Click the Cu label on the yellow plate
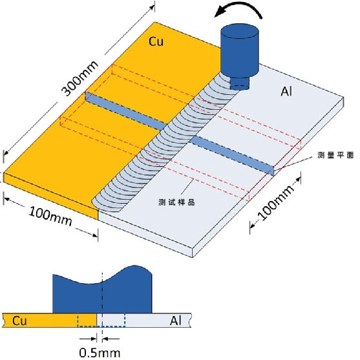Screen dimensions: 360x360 click(156, 41)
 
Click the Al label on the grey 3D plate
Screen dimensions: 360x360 click(286, 92)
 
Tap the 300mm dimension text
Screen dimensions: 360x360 click(80, 78)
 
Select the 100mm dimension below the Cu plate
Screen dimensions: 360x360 click(50, 216)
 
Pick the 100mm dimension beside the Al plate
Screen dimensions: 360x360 click(276, 202)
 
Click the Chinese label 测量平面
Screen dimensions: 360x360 click(335, 155)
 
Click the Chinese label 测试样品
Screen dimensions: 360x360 click(176, 202)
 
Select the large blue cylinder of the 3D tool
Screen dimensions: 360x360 click(240, 50)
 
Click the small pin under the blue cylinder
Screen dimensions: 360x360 click(240, 83)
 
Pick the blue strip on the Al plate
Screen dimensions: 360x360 click(232, 156)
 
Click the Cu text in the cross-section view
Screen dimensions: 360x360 click(20, 321)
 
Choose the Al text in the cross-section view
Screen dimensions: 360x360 click(176, 321)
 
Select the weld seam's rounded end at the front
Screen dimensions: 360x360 click(95, 202)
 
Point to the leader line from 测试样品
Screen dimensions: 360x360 click(187, 187)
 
